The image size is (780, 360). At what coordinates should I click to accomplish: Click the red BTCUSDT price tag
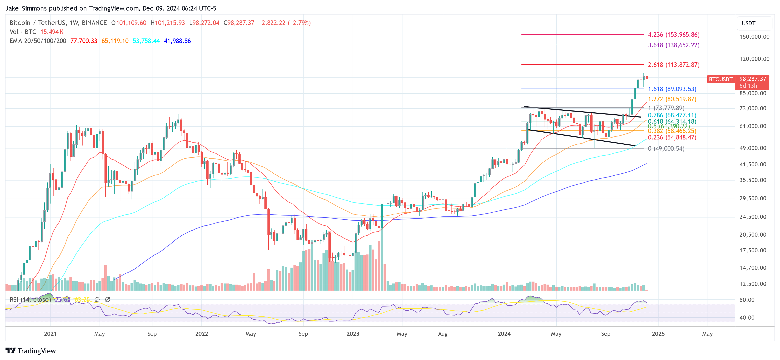(720, 79)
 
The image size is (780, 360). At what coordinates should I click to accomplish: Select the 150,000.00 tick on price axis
(754, 37)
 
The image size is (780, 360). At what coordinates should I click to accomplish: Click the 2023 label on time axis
(353, 334)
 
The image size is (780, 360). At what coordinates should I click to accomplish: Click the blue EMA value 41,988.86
(177, 41)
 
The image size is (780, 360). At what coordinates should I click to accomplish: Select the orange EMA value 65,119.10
(115, 41)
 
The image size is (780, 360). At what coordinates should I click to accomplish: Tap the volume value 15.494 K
(52, 32)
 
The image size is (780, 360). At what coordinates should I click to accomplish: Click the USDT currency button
(749, 23)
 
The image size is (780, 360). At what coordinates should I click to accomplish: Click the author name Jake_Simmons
(26, 8)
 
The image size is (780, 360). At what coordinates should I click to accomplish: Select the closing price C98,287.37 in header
(239, 23)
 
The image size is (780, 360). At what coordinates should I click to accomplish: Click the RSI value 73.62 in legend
(63, 299)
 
